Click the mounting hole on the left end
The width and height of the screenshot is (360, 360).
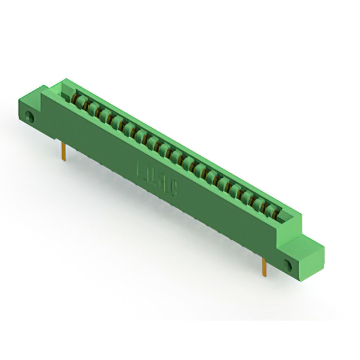pos(30,118)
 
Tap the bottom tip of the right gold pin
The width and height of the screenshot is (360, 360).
pos(263,277)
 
